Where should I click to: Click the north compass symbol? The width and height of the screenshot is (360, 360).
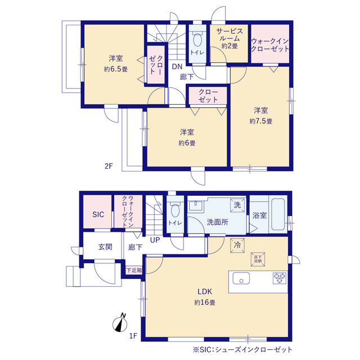pyautogui.click(x=120, y=323)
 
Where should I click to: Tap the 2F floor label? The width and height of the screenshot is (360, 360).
pyautogui.click(x=109, y=166)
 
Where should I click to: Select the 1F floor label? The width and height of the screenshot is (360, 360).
pyautogui.click(x=133, y=336)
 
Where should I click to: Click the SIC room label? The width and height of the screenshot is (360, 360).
pyautogui.click(x=98, y=214)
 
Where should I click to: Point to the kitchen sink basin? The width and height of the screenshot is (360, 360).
pyautogui.click(x=241, y=278)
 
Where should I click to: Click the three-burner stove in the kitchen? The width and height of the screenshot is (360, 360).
pyautogui.click(x=280, y=278)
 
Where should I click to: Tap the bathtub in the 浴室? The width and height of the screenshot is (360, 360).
pyautogui.click(x=278, y=214)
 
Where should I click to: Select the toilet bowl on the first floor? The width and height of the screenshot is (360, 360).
pyautogui.click(x=175, y=210)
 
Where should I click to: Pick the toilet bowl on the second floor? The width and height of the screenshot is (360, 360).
pyautogui.click(x=197, y=39)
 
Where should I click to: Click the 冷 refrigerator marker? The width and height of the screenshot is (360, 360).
pyautogui.click(x=237, y=245)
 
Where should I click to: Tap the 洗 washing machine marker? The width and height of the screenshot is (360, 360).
pyautogui.click(x=237, y=205)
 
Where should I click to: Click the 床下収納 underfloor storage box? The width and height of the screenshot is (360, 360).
pyautogui.click(x=258, y=259)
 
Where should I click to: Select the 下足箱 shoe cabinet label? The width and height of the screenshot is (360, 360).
pyautogui.click(x=134, y=270)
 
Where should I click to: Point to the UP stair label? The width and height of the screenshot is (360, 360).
pyautogui.click(x=155, y=240)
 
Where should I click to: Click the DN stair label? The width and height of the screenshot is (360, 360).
pyautogui.click(x=177, y=67)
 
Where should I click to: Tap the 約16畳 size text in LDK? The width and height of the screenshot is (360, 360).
pyautogui.click(x=205, y=303)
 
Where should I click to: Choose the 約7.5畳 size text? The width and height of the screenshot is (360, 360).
pyautogui.click(x=261, y=121)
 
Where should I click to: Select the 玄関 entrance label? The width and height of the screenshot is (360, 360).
pyautogui.click(x=105, y=247)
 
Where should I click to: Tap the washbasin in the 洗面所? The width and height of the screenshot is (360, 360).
pyautogui.click(x=196, y=205)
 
